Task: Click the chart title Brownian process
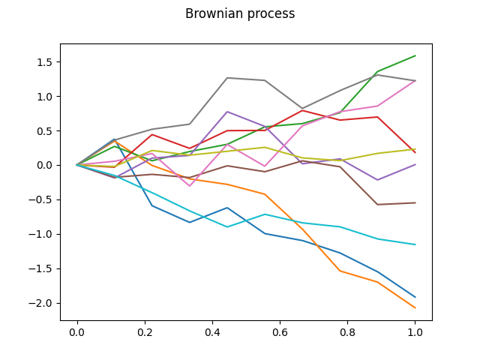[240, 13]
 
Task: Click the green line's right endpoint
[415, 55]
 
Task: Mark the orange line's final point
[415, 308]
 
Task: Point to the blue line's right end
[415, 297]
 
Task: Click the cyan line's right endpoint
[415, 244]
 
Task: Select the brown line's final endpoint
[415, 202]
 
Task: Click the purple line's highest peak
[227, 112]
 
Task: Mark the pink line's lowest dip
[190, 186]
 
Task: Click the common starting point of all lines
[77, 165]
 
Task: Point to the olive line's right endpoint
[415, 148]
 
